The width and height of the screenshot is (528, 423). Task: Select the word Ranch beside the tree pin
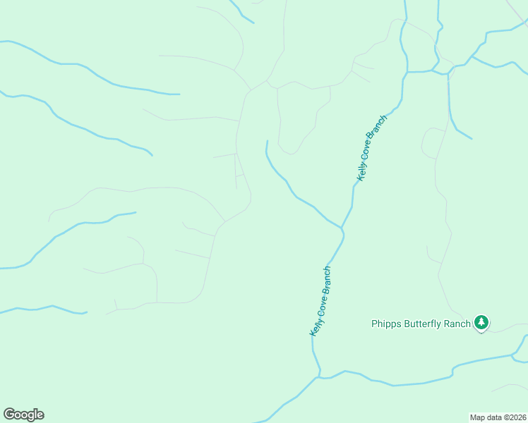457,324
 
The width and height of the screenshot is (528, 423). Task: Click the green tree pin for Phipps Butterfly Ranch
481,322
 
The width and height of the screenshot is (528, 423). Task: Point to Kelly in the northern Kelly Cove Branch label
363,171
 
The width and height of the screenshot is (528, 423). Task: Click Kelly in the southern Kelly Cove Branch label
315,326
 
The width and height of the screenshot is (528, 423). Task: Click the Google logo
23,415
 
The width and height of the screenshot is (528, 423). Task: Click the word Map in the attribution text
479,417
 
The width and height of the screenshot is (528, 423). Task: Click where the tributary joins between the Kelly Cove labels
342,228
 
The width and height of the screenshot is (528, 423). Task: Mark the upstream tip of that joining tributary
267,141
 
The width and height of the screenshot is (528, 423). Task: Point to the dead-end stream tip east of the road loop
472,138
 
